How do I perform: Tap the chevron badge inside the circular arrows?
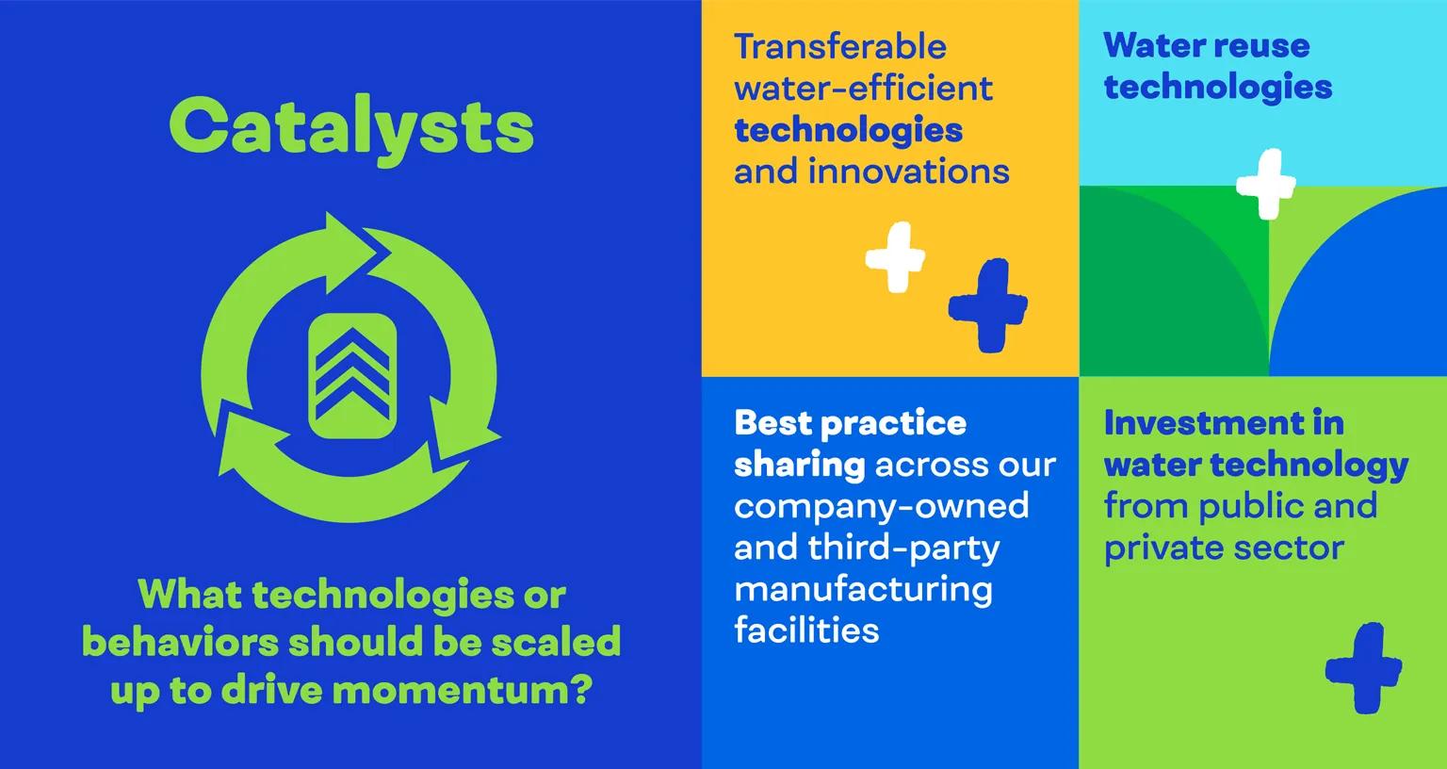point(351,375)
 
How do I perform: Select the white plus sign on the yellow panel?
point(895,256)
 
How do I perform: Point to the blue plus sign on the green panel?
point(1363,667)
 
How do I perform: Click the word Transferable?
point(840,46)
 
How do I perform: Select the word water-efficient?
point(863,89)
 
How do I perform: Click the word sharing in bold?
point(799,464)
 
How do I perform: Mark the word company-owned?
point(881,506)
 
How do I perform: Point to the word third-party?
point(904,548)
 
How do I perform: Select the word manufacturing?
point(863,589)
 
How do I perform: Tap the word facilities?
point(806,630)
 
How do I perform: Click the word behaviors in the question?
point(179,642)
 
